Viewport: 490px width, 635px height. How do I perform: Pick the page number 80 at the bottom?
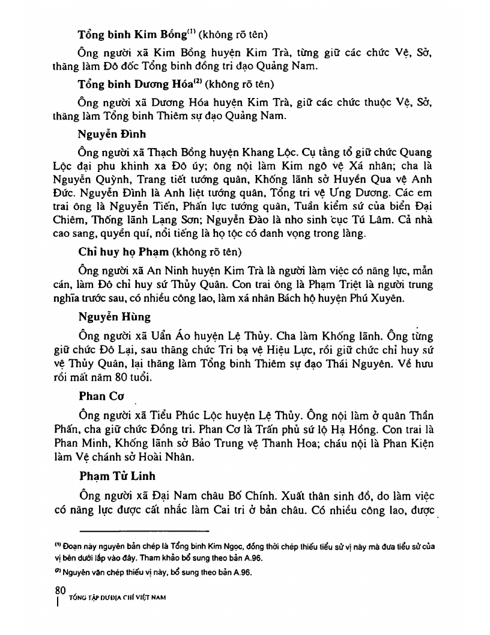point(59,589)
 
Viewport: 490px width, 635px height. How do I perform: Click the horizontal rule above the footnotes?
point(144,531)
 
